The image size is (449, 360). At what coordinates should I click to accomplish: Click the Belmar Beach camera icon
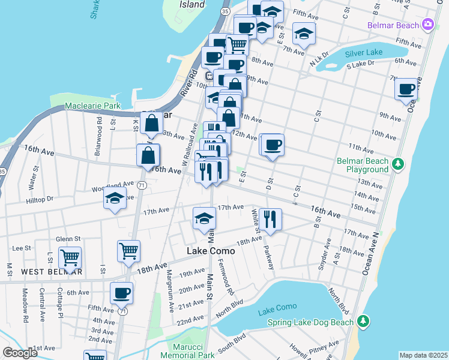[x=428, y=25]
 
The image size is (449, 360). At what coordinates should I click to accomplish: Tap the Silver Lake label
[x=363, y=53]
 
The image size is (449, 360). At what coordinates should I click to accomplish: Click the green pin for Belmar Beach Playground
[x=396, y=164]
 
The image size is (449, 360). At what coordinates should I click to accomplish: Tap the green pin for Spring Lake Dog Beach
[x=362, y=323]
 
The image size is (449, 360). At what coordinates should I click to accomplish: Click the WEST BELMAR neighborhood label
[x=52, y=272]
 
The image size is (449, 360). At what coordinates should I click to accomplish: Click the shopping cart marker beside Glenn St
[x=70, y=257]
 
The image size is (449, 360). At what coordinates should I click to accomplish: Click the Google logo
[x=20, y=353]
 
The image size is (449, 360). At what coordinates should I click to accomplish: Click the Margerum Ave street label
[x=170, y=290]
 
